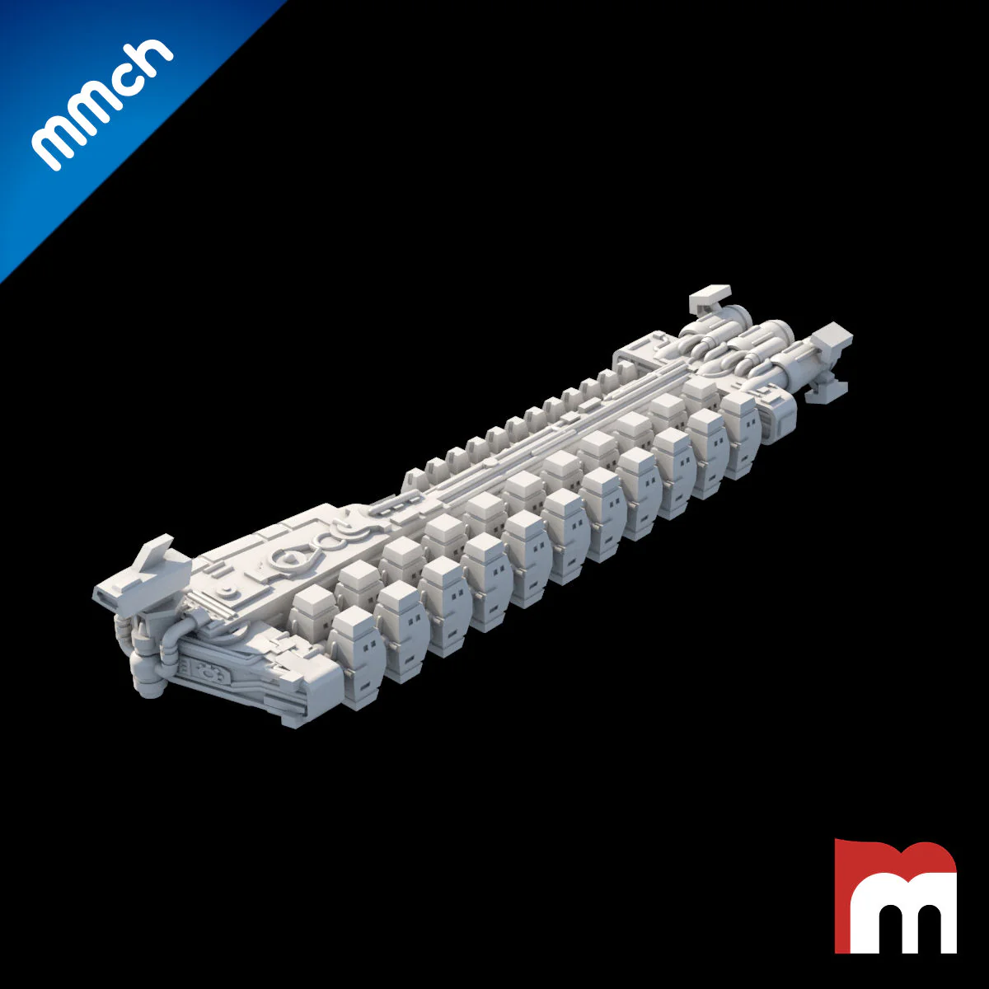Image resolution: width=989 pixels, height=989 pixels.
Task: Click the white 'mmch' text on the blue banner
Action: tap(101, 104)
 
